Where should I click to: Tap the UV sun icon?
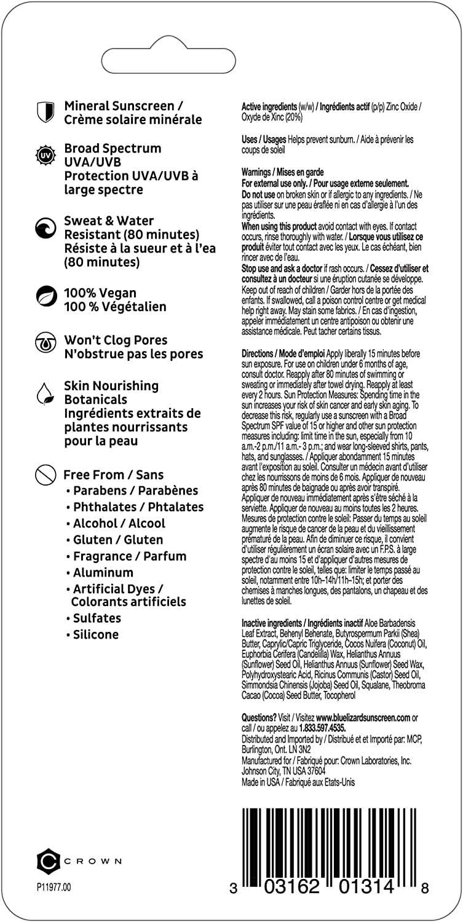pos(45,155)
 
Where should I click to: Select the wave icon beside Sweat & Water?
pos(45,229)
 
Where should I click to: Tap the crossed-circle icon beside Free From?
pos(45,475)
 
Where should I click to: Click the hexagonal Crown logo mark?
pos(48,861)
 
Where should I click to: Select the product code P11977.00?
pos(54,887)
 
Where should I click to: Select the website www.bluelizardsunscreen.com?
pos(363,717)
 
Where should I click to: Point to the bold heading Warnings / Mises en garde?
pos(283,172)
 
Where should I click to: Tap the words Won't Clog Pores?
pos(116,340)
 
